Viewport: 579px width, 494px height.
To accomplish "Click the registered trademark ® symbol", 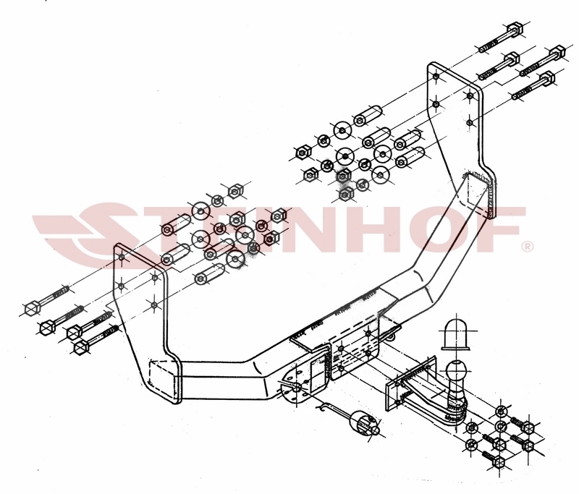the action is (528, 246).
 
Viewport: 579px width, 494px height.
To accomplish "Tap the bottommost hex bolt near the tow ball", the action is (498, 462).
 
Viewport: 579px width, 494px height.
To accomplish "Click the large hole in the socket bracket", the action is (297, 388).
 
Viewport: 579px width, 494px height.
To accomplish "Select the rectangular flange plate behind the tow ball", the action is (409, 382).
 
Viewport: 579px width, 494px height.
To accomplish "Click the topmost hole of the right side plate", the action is (436, 77).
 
